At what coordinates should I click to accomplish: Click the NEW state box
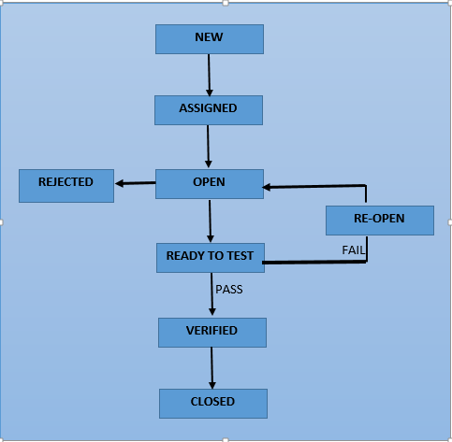[209, 38]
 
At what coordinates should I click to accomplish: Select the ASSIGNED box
[208, 109]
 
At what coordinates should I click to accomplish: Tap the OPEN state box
[209, 183]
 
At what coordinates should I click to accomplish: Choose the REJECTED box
[66, 185]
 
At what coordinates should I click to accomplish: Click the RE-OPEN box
[379, 220]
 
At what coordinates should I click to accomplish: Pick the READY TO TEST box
[210, 257]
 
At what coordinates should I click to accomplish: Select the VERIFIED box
[211, 332]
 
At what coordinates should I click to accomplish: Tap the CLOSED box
[212, 403]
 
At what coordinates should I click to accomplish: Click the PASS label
[229, 290]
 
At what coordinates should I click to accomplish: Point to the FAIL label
[353, 250]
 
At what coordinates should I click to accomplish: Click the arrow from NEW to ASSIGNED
[209, 74]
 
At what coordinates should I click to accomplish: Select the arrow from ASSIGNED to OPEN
[208, 146]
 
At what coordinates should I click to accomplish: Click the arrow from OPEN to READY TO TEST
[210, 221]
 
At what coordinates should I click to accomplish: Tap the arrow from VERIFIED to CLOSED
[212, 367]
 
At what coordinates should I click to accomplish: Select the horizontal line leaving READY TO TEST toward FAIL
[313, 264]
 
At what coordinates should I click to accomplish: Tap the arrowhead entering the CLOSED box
[212, 383]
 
